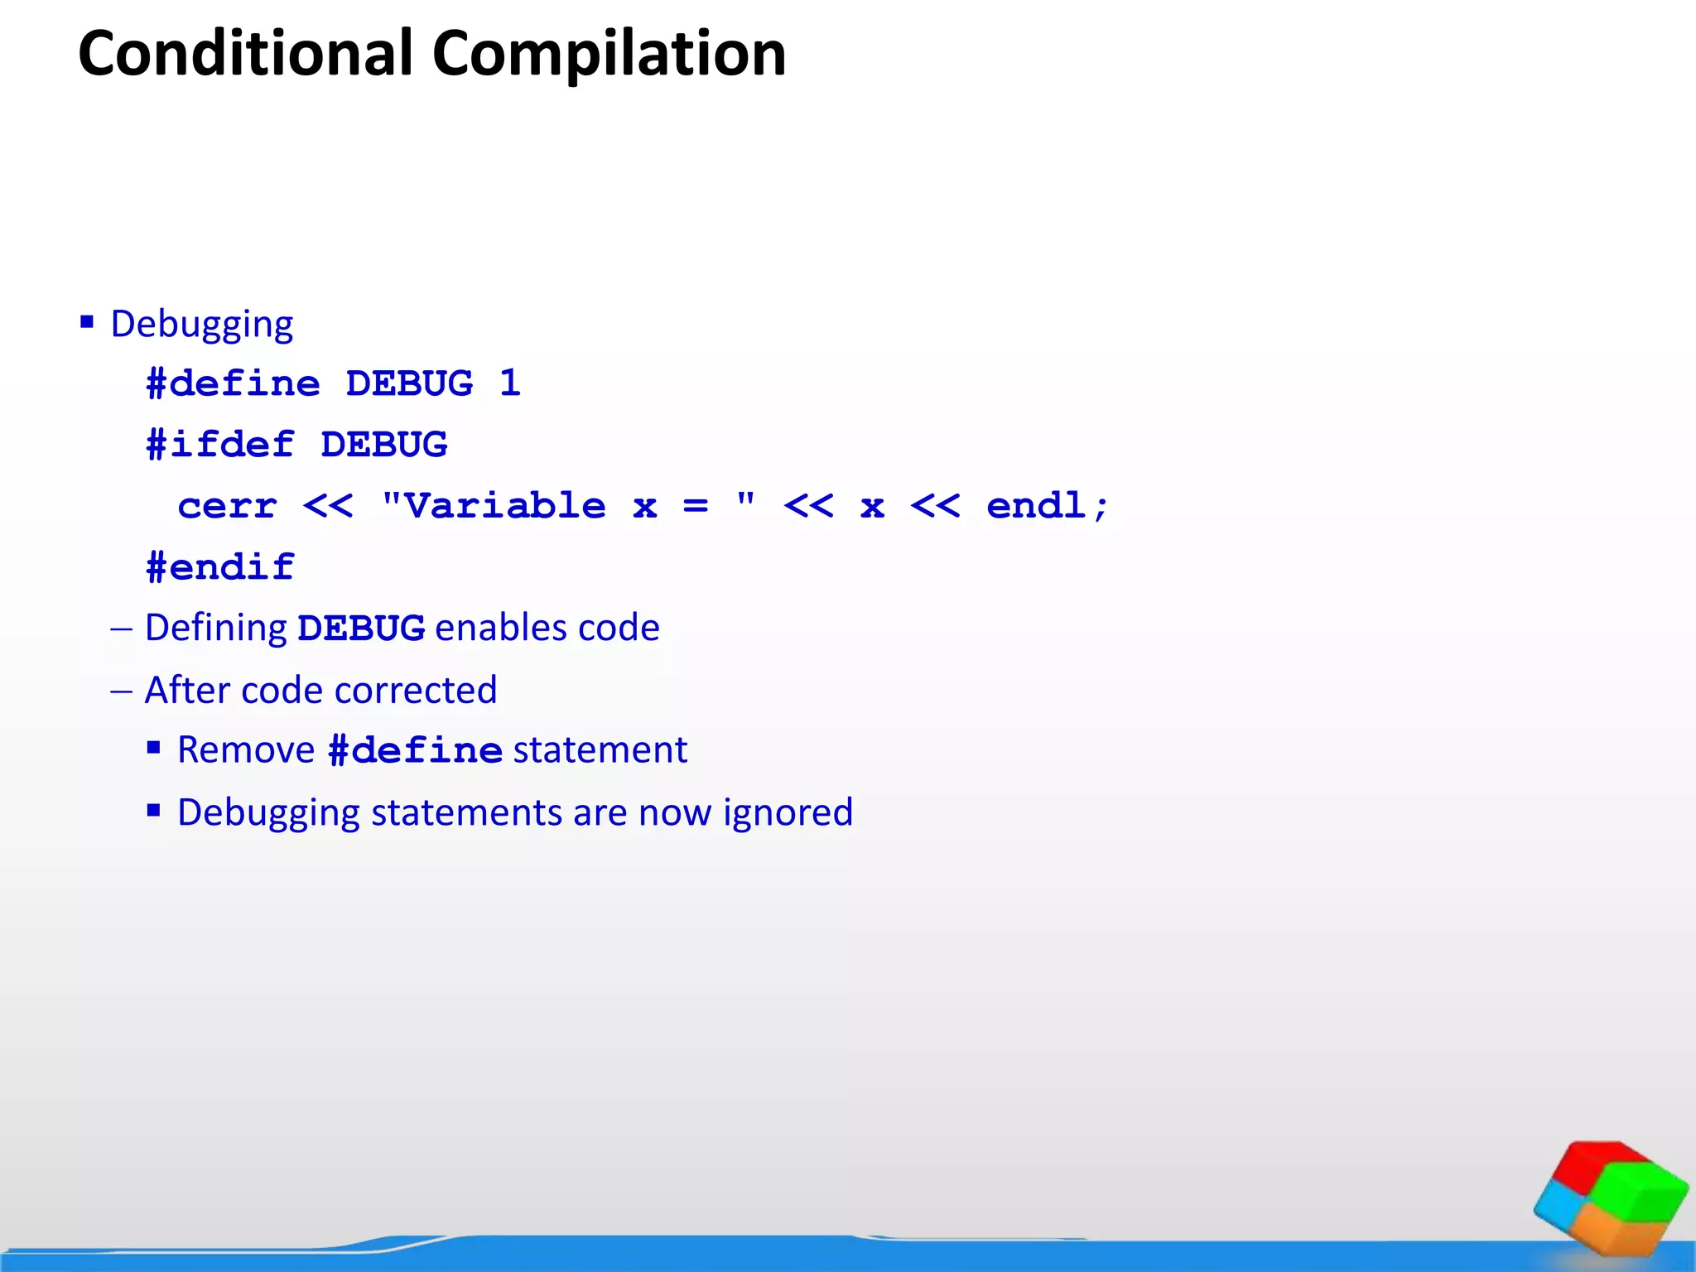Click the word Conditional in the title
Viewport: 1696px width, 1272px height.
coord(245,54)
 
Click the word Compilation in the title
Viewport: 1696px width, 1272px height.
coord(609,54)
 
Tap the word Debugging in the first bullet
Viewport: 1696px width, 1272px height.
coord(201,324)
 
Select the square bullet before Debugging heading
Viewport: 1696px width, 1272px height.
coord(87,321)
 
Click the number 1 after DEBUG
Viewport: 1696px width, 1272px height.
coord(510,383)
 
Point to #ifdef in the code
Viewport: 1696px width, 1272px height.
coord(220,445)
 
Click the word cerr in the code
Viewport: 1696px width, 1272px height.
coord(227,506)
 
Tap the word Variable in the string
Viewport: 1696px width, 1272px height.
coord(504,506)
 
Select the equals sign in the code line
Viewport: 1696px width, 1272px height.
coord(696,506)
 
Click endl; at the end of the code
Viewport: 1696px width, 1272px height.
coord(1047,506)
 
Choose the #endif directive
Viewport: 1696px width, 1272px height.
coord(220,567)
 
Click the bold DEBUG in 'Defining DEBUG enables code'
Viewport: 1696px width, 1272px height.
coord(361,629)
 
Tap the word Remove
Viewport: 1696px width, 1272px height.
coord(246,750)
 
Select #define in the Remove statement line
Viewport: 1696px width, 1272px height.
coord(415,751)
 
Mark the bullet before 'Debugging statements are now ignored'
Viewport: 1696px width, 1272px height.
coord(154,811)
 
